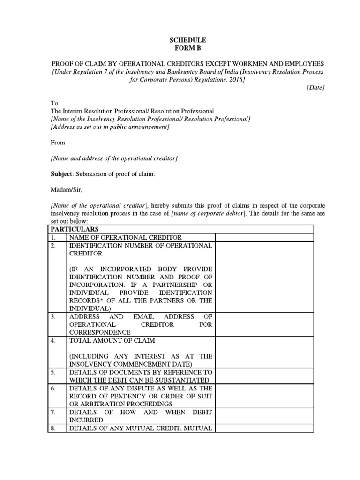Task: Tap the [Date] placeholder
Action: (315, 88)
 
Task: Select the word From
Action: (58, 142)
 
